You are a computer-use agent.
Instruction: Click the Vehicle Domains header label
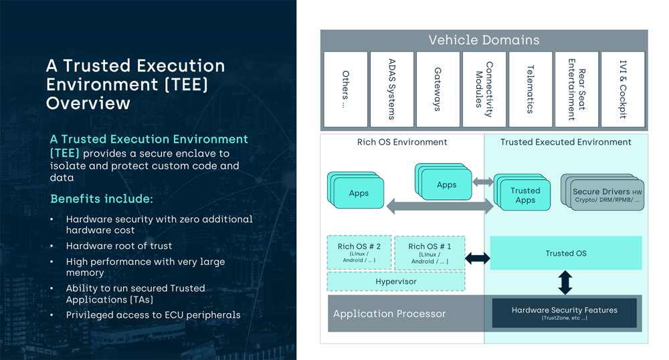coord(484,40)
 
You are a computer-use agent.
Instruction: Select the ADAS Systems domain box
coord(391,89)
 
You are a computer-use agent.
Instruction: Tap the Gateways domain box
coord(438,89)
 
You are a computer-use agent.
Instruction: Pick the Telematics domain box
coord(530,89)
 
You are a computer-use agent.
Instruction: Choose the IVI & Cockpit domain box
coord(623,89)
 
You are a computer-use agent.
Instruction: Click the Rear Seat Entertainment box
coord(577,89)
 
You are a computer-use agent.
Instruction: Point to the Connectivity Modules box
coord(484,89)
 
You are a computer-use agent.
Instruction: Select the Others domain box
coord(345,89)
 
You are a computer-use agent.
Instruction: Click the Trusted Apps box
coord(525,195)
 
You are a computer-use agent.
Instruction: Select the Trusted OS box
coord(565,253)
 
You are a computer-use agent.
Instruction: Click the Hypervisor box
coord(396,282)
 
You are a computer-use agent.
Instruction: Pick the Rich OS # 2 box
coord(359,252)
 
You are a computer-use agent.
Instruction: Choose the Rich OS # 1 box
coord(429,252)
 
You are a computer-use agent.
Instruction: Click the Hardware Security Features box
coord(564,313)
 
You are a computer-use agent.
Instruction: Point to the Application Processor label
coord(389,314)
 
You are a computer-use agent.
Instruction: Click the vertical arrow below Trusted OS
coord(565,282)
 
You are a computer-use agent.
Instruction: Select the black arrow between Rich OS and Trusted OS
coord(477,258)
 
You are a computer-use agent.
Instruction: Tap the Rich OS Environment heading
coord(402,142)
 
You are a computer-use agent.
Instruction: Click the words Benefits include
coord(102,199)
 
